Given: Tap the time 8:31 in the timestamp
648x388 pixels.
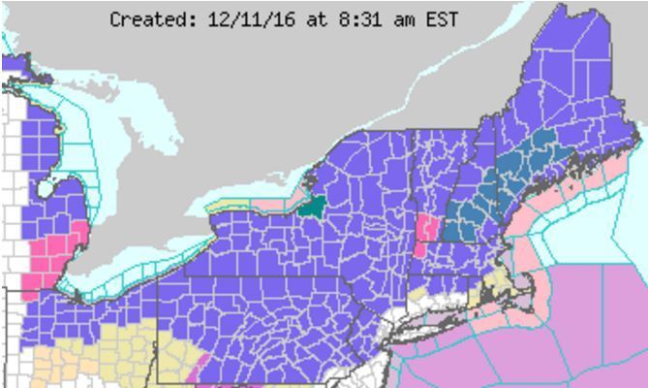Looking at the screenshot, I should coord(339,19).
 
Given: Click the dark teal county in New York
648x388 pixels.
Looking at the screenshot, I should coord(311,205).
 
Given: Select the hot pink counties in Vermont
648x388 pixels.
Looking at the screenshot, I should coord(423,236).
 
